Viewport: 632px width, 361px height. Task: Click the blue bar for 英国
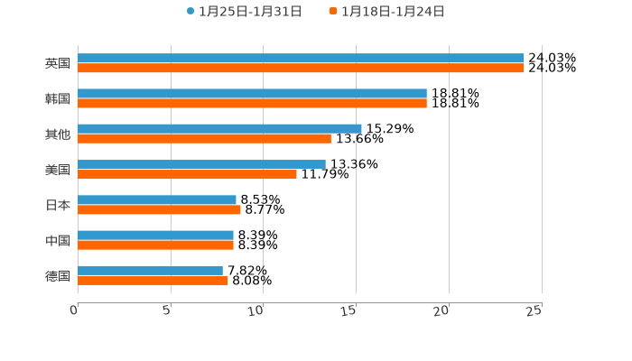point(301,59)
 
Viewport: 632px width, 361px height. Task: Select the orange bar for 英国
point(301,69)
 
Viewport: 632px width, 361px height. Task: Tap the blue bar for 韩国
point(252,94)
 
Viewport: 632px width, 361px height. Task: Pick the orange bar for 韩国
point(252,104)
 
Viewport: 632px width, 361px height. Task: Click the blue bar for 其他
point(219,129)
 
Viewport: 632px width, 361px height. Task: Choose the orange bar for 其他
point(204,139)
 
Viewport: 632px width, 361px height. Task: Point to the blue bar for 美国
point(201,165)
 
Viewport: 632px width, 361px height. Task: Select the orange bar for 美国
point(187,174)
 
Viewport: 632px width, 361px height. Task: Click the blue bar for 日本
point(157,200)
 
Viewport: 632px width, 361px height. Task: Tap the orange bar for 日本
point(159,210)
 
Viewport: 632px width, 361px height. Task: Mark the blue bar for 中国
point(155,236)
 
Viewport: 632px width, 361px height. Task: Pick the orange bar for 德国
point(153,281)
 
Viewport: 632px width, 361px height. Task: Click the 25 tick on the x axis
point(535,310)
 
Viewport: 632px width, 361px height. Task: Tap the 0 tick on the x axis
point(75,310)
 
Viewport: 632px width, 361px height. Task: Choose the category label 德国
point(58,276)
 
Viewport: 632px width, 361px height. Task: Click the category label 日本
point(58,206)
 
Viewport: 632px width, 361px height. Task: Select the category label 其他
point(58,134)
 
